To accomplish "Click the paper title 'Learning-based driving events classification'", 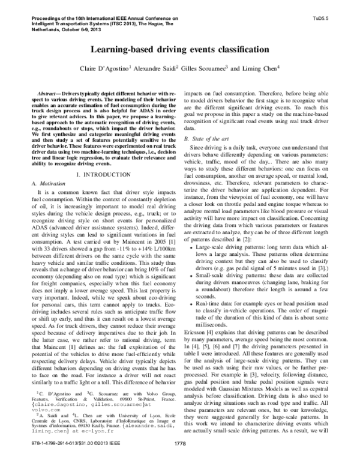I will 179,48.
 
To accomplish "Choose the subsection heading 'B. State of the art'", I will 206,139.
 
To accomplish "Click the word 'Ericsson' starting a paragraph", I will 196,346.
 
